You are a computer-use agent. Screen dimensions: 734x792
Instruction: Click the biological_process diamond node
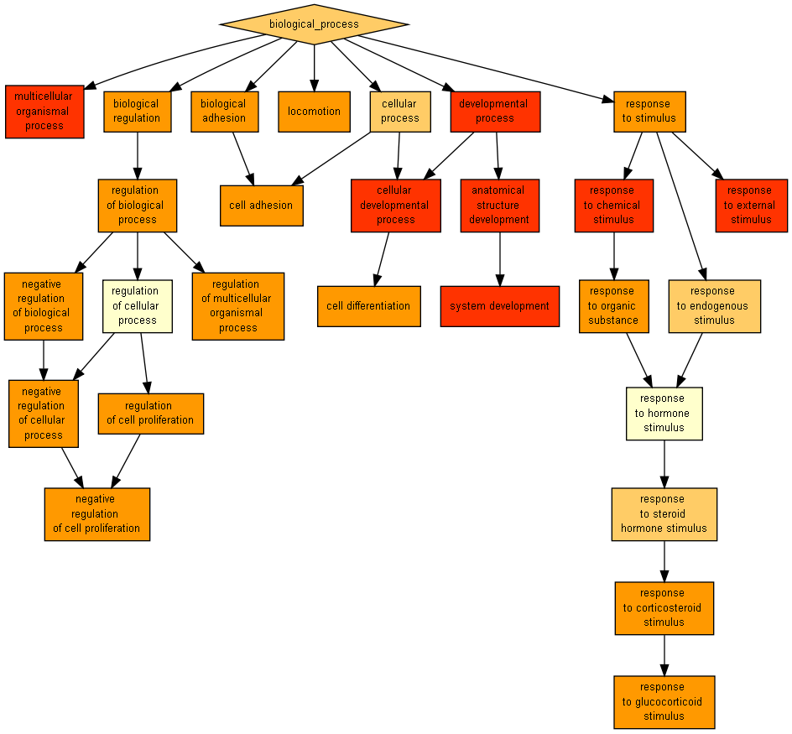(314, 24)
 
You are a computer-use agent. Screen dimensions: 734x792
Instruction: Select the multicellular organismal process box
(44, 112)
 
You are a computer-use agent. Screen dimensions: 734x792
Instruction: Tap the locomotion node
(314, 112)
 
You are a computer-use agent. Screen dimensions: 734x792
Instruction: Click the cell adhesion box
(261, 206)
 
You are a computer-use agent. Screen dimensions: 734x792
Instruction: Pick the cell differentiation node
(368, 306)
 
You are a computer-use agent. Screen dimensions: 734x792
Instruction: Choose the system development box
(499, 306)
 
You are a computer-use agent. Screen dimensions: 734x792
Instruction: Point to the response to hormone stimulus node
(664, 414)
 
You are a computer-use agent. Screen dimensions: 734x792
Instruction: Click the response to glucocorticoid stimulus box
(664, 702)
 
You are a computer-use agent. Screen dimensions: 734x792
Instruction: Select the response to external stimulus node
(751, 206)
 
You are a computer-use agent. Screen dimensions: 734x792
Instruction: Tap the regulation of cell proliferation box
(150, 414)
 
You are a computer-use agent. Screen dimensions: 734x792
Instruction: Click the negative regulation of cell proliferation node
(96, 514)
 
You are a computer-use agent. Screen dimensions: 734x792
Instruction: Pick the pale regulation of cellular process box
(137, 306)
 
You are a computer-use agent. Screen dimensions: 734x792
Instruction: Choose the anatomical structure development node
(499, 206)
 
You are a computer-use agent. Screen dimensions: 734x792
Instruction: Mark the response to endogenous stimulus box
(714, 306)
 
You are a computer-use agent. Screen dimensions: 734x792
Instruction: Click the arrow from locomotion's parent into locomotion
(314, 67)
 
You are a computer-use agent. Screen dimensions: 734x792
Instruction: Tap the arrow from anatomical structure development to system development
(500, 258)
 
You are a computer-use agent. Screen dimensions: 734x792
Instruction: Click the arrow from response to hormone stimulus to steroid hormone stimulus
(664, 464)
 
